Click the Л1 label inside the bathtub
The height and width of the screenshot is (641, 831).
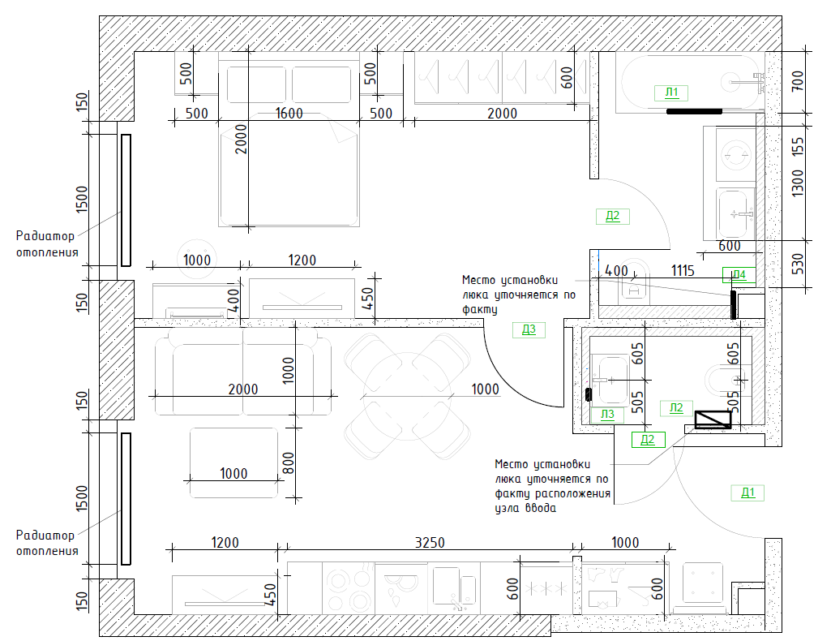[671, 92]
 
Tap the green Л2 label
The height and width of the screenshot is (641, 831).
[676, 407]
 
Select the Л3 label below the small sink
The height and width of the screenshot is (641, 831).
[607, 415]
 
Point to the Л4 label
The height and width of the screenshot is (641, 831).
[739, 274]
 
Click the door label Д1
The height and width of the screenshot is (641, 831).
[747, 493]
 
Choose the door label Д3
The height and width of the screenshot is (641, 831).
[529, 329]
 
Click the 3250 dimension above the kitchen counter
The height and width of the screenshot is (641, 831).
[429, 542]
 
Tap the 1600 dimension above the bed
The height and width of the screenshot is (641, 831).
[289, 113]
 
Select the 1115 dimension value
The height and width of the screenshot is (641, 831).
[683, 271]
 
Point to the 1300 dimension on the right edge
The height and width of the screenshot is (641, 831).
[797, 183]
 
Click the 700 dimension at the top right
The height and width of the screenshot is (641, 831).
[797, 81]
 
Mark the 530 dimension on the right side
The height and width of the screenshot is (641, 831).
[797, 264]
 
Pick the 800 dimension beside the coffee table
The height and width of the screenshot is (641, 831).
[288, 462]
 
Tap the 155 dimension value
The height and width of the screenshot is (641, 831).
[797, 146]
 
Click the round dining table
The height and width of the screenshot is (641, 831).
[407, 397]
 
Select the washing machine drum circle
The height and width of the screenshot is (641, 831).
[736, 155]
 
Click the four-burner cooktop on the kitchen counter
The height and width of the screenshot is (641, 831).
[348, 588]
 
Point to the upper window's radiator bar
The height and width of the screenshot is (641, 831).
[126, 200]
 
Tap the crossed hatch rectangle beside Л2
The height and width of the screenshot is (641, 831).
[713, 419]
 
